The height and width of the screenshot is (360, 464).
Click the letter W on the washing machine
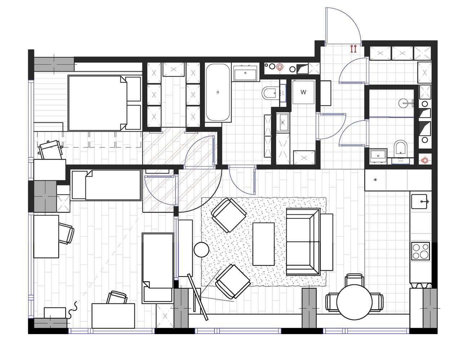point(303,92)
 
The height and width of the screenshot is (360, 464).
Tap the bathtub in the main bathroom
point(218,93)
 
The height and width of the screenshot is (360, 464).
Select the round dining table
point(354,302)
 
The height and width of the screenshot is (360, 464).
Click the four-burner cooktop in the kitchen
point(420,251)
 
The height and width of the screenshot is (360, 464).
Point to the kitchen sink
point(419,202)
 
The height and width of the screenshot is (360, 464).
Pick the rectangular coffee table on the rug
point(263,244)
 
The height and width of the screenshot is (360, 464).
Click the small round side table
point(201,250)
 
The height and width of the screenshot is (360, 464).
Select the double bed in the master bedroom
point(104,103)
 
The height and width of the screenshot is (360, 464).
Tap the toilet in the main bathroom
point(270,93)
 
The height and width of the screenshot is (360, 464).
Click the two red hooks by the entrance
point(353,49)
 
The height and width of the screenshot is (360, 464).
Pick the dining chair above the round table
point(354,279)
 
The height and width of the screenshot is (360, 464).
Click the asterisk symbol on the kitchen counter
point(375,180)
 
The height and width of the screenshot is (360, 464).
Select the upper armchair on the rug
point(229,215)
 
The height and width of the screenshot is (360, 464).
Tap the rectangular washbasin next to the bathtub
point(245,73)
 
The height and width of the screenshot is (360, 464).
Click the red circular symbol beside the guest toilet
point(424,160)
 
